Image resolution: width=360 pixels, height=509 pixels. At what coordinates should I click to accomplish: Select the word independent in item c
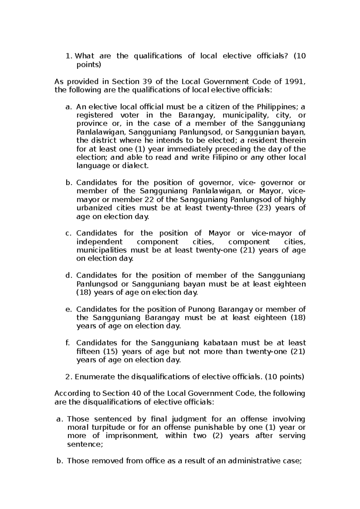click(99, 242)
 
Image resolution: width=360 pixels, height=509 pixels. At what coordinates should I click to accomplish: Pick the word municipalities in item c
click(101, 250)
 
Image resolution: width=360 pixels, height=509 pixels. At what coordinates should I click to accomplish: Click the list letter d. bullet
click(69, 275)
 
